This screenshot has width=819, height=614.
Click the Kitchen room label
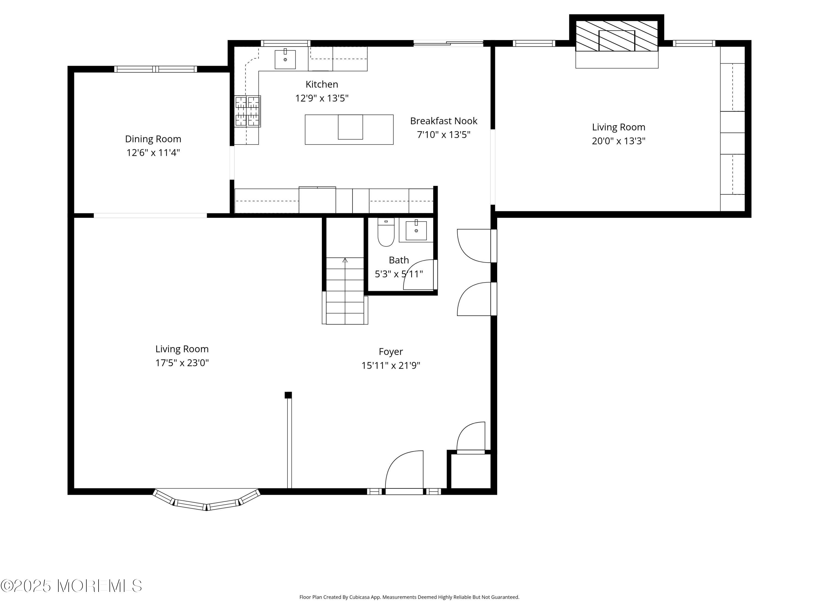[x=322, y=84]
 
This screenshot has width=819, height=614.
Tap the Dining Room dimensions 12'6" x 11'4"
[x=153, y=153]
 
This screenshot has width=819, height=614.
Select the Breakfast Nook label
[x=444, y=121]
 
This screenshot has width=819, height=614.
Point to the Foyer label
[x=391, y=351]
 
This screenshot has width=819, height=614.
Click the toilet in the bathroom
[x=386, y=232]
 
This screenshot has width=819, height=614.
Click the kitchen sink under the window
[x=285, y=59]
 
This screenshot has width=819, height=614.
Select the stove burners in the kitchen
[x=247, y=111]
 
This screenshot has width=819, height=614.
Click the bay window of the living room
[x=207, y=501]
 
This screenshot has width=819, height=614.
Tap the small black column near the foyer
[x=288, y=395]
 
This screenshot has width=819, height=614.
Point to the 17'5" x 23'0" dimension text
[x=182, y=363]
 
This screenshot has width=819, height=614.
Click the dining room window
[x=156, y=69]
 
